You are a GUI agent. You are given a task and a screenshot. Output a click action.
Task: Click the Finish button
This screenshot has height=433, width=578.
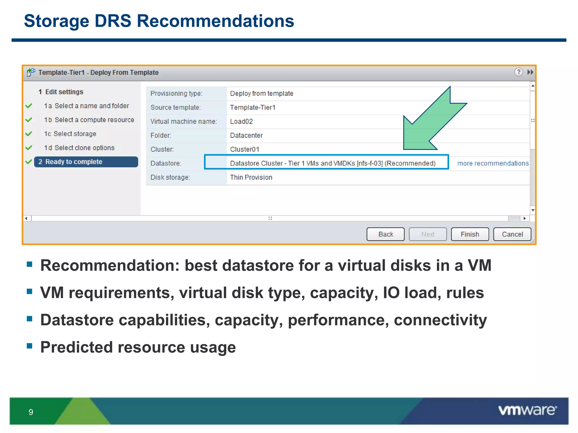pos(470,234)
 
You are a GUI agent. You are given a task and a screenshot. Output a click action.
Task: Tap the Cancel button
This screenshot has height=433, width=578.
pos(512,234)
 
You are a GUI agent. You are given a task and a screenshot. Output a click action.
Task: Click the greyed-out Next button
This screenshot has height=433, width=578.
pos(428,234)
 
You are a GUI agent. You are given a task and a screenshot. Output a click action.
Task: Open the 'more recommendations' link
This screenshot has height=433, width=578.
pos(493,163)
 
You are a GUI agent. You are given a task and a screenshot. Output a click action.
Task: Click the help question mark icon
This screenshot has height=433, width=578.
pos(518,72)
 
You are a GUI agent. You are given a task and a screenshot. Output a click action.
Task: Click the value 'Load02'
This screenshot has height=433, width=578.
pos(241,121)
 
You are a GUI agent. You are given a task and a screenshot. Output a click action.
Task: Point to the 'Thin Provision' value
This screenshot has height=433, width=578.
pos(251,177)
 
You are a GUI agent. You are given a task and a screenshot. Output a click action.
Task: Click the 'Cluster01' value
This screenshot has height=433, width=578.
pos(244,149)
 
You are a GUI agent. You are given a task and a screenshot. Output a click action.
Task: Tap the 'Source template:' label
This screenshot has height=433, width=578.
pos(176,107)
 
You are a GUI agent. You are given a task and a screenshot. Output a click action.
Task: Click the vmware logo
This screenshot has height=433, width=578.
pos(527,410)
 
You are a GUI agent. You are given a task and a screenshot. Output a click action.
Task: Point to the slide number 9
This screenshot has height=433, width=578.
pos(31,412)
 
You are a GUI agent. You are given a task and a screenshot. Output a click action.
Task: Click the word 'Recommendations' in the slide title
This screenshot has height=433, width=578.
pos(215,21)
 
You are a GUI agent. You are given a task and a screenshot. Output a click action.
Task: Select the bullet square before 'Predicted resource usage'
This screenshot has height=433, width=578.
pos(30,346)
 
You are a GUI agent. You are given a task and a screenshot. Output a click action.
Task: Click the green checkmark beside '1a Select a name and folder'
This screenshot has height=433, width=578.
pos(29,106)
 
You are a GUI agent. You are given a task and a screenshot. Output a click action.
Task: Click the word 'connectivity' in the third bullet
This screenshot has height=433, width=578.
pos(440,320)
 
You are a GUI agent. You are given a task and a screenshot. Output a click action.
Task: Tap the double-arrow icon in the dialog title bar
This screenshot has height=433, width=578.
pos(530,72)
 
